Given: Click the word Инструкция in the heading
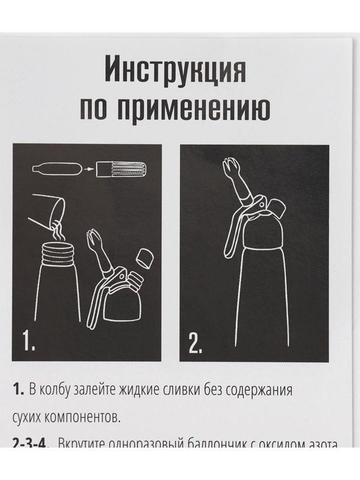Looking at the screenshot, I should point(175,71).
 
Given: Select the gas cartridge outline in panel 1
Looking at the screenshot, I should point(55,169).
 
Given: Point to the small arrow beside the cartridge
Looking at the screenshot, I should point(88,170).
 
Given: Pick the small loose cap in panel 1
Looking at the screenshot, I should point(145,258).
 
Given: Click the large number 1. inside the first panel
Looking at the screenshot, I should point(29,341).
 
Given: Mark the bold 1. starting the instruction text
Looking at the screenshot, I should point(18,390).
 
